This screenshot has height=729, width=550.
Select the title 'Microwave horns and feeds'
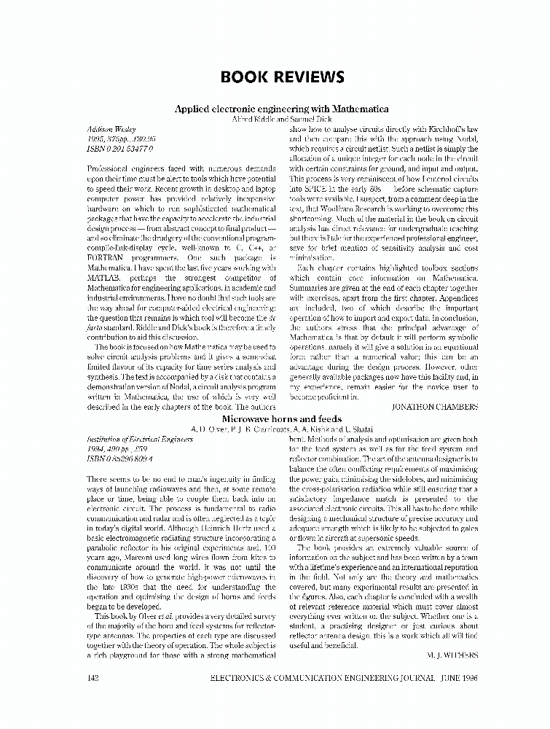pyautogui.click(x=281, y=420)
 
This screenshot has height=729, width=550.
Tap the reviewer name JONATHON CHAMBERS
pyautogui.click(x=435, y=405)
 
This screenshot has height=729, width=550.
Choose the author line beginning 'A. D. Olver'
pyautogui.click(x=280, y=430)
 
